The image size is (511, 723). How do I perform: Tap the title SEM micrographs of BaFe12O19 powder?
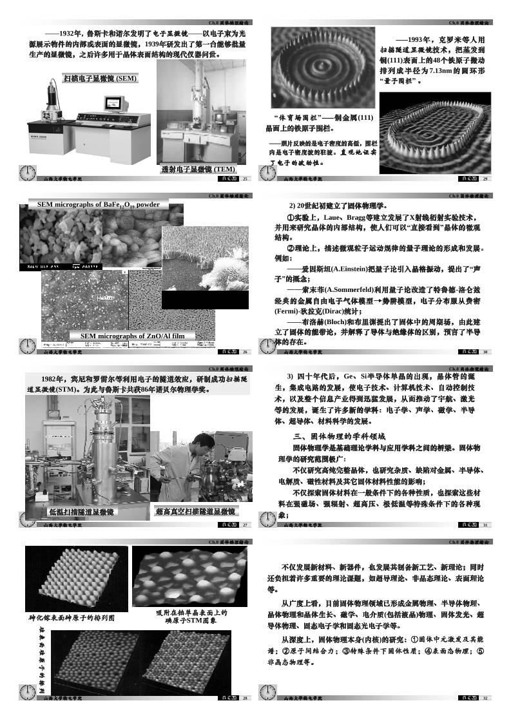coord(98,204)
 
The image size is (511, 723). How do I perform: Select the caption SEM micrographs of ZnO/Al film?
coord(132,336)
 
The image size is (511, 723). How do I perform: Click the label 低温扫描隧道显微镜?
coord(82,512)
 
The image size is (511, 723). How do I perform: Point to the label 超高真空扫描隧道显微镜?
coord(196,512)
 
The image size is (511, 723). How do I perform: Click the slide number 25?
coord(246,178)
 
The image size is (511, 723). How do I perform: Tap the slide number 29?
coord(485,178)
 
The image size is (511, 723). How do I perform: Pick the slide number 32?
coord(485,698)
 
